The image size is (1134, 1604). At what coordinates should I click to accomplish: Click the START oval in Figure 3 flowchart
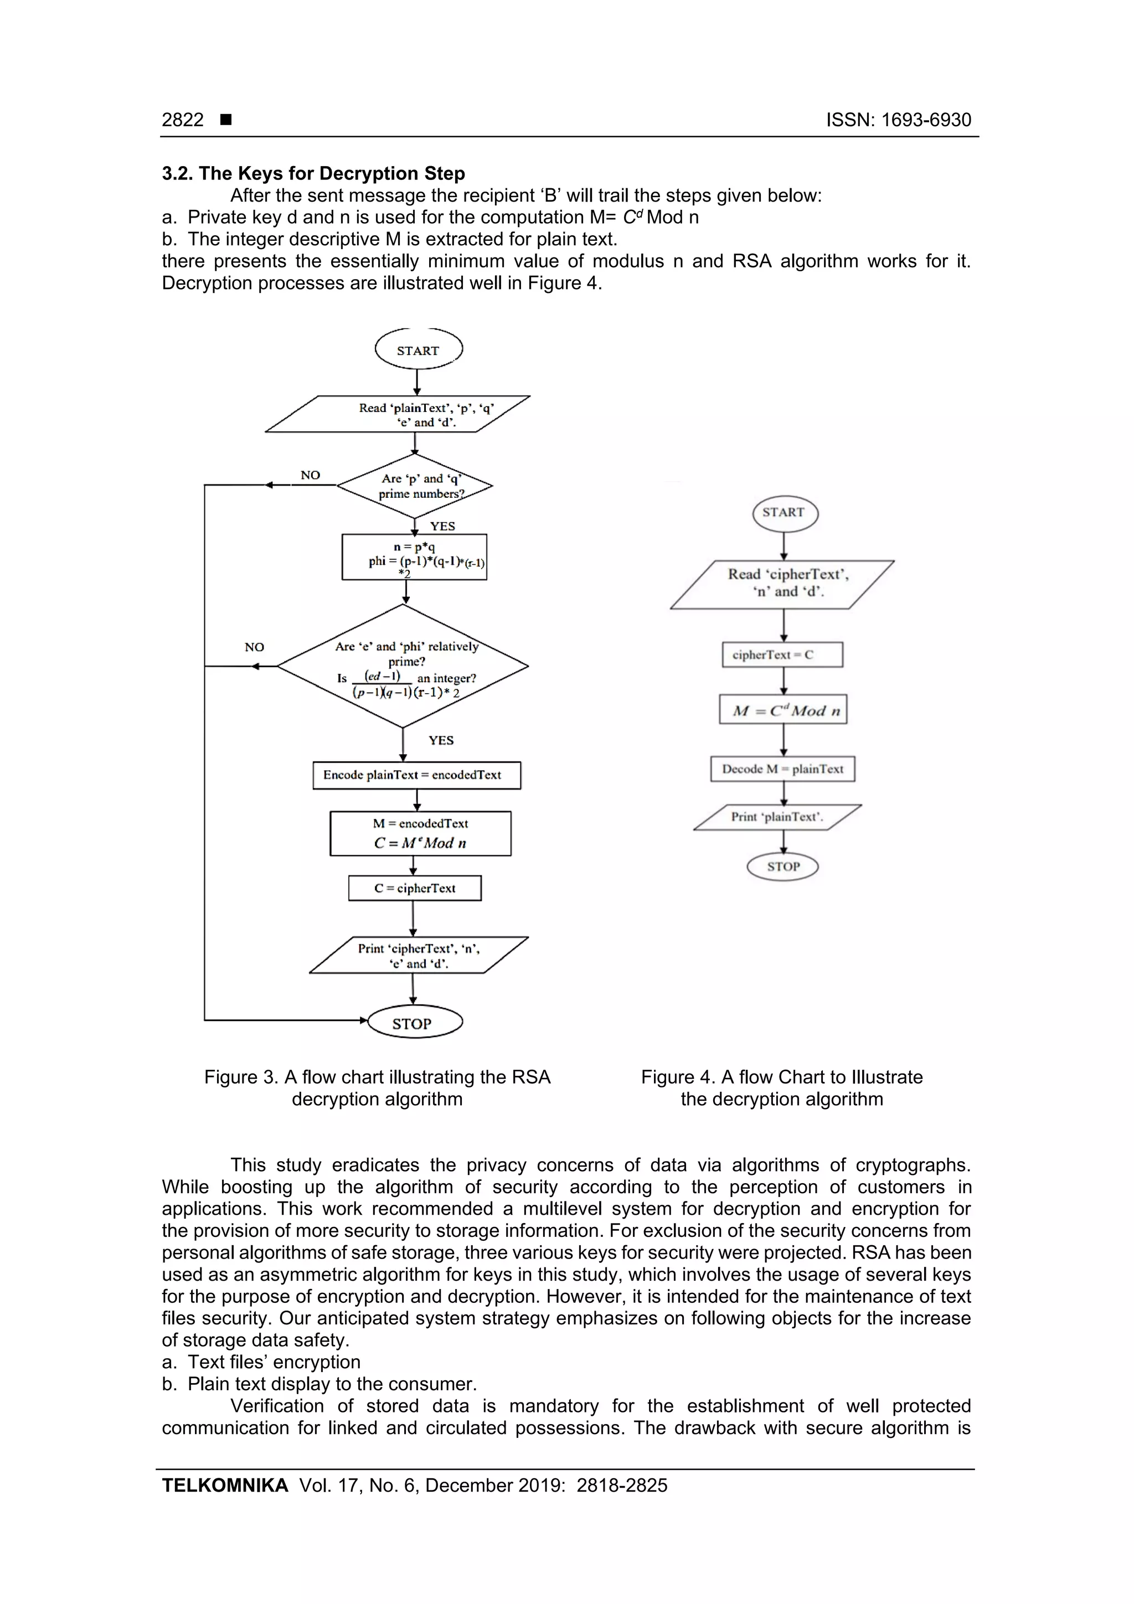point(418,350)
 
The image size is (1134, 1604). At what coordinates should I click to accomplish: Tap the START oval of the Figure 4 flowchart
point(784,512)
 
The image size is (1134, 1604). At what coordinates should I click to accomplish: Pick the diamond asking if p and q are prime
point(415,486)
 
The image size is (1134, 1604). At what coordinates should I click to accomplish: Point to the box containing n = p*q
point(414,557)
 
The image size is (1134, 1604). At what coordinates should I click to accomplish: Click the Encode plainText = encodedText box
point(416,775)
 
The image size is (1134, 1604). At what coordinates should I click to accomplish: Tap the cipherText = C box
point(782,654)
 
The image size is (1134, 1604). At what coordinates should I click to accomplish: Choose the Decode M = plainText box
point(782,769)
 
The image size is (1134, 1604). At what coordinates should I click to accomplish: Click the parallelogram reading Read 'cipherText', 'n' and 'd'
point(782,584)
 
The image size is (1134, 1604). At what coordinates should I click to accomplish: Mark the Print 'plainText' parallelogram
point(777,817)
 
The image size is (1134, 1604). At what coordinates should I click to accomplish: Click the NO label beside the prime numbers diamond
point(310,475)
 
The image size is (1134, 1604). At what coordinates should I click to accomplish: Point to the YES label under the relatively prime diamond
point(441,740)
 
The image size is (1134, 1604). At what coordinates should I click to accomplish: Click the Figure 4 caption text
point(781,1088)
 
